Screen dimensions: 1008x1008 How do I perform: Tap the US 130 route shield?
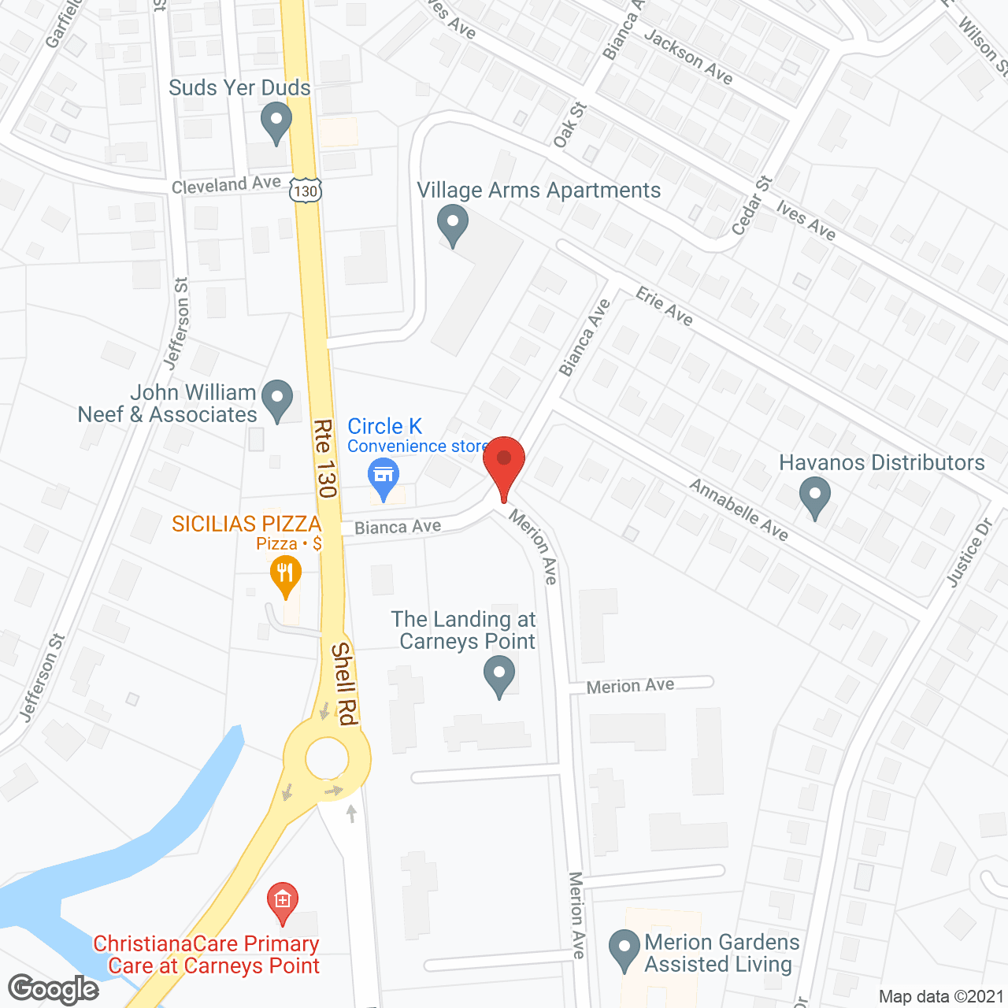click(305, 190)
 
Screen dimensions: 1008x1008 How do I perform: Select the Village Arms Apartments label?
click(539, 191)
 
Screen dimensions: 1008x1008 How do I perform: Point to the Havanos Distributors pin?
click(815, 498)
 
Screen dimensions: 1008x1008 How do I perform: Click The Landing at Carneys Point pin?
click(498, 676)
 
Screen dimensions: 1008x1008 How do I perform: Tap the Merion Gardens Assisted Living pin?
click(624, 949)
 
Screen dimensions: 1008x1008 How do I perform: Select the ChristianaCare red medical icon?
click(282, 902)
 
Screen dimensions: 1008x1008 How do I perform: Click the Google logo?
click(54, 989)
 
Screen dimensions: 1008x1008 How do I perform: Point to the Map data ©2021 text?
click(941, 996)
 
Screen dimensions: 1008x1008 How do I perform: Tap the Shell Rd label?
click(345, 684)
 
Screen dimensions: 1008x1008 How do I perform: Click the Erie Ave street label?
click(664, 307)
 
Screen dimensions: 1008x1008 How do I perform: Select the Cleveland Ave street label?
click(226, 184)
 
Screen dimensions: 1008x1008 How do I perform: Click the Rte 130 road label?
click(325, 458)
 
